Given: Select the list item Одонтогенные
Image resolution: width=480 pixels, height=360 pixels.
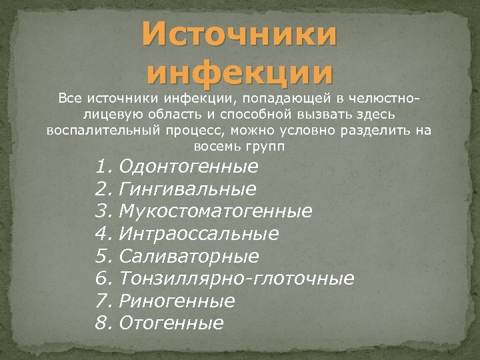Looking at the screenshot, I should click(x=188, y=166).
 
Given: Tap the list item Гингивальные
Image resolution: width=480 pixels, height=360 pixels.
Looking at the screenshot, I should click(x=187, y=189).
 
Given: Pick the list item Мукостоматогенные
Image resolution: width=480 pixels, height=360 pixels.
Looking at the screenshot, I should click(x=215, y=211).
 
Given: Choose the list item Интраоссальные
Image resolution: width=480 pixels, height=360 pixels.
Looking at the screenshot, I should click(x=199, y=234).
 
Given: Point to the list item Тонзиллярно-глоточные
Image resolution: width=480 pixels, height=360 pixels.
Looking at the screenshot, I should click(x=236, y=279).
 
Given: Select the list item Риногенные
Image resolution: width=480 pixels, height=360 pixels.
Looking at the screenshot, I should click(x=177, y=301).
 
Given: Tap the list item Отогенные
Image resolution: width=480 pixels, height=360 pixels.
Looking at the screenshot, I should click(x=171, y=324).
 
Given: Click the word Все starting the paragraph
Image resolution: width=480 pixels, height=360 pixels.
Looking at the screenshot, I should click(x=69, y=99).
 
